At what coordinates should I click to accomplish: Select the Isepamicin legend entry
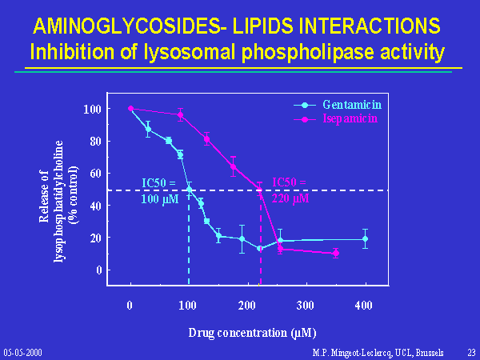tap(350, 118)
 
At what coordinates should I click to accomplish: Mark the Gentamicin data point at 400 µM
tap(365, 238)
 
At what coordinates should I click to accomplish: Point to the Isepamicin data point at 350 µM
tap(335, 253)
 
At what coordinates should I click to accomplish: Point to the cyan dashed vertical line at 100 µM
tap(189, 240)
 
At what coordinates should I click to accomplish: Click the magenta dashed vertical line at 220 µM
tap(260, 240)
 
